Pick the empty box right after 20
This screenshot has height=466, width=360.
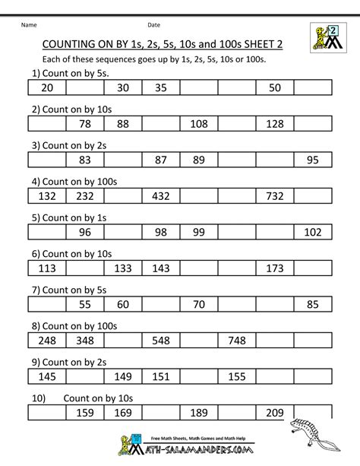[85, 88]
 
